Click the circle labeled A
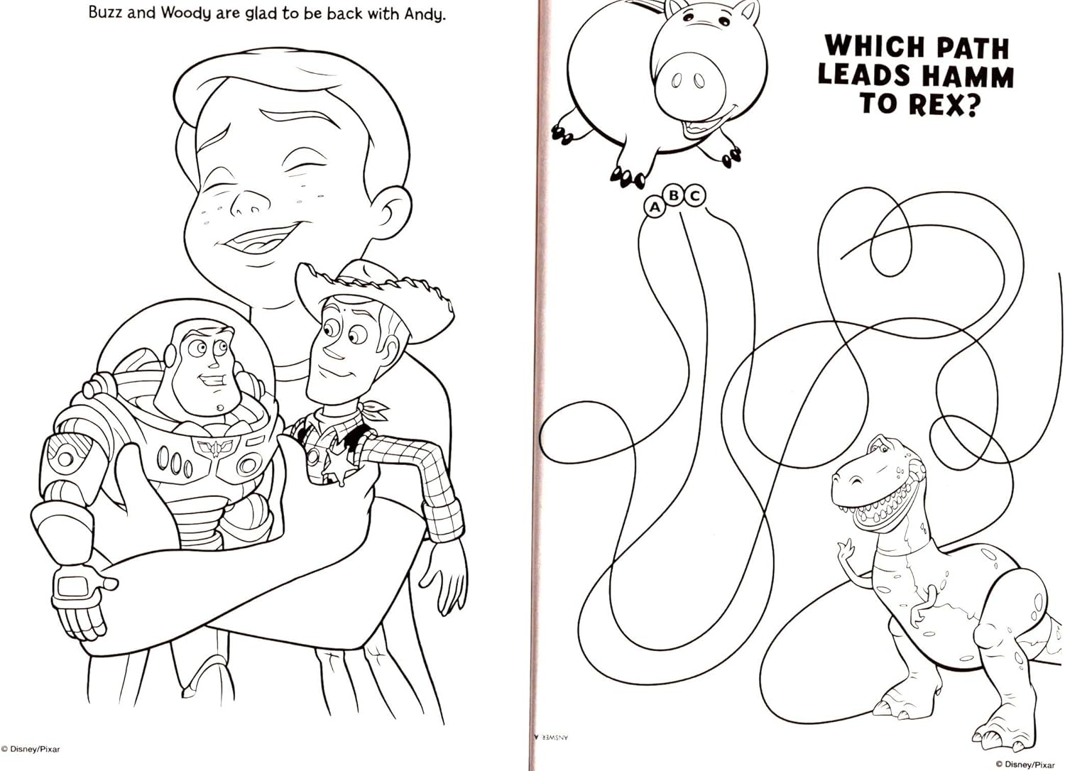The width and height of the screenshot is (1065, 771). pos(655,207)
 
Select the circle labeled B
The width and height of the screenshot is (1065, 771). pos(674,195)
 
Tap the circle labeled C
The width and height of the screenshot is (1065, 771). pos(695,195)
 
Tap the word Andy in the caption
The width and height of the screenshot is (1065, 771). pos(425,15)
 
